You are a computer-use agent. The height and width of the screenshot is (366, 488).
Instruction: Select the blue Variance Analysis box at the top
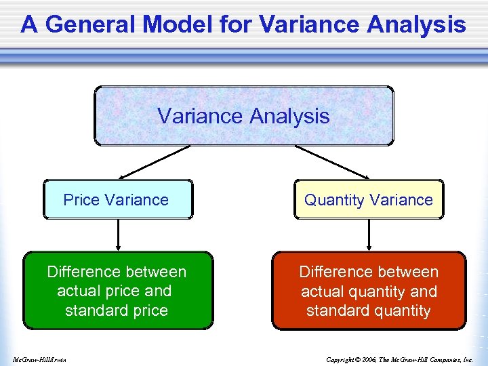243,116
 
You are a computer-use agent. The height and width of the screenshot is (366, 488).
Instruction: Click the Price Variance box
118,199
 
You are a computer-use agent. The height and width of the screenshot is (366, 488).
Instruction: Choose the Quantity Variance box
369,199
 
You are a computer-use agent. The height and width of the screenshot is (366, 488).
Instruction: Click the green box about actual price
118,291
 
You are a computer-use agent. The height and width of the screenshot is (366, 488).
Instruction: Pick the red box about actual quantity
369,291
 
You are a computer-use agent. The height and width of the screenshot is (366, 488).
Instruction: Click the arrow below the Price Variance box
119,235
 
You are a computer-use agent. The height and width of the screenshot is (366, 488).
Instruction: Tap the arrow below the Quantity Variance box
369,235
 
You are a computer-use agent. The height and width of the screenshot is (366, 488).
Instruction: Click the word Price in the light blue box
81,200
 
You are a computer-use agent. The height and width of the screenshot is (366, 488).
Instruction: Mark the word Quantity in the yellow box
333,200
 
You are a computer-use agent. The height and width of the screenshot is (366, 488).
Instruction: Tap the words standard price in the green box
117,310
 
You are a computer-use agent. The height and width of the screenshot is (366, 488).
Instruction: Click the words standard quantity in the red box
369,310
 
